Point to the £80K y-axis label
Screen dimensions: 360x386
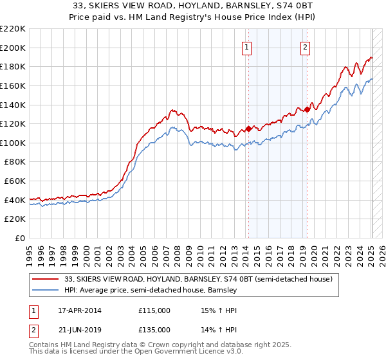pyautogui.click(x=15, y=162)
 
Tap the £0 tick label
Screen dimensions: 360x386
pyautogui.click(x=21, y=239)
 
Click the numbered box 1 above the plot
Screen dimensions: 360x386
pyautogui.click(x=248, y=46)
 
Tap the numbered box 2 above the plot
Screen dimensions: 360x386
pyautogui.click(x=305, y=46)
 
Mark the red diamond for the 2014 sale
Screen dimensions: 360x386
pyautogui.click(x=248, y=129)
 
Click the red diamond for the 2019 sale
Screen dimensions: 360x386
pyautogui.click(x=307, y=109)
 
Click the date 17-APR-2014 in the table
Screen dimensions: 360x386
pyautogui.click(x=79, y=310)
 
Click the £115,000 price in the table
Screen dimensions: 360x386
pyautogui.click(x=154, y=310)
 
